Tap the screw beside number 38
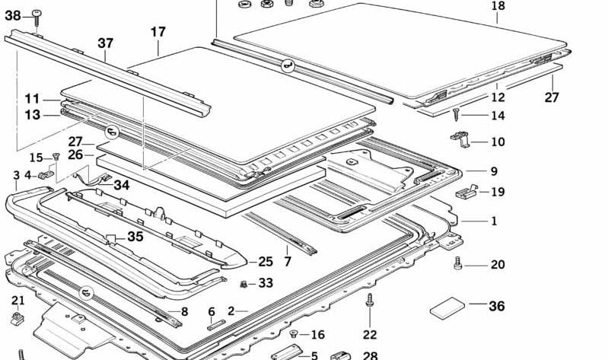(37, 14)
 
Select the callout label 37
(105, 44)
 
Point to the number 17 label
(158, 32)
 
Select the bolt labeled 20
(458, 263)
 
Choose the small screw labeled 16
(294, 333)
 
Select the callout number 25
(265, 261)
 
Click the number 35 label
(135, 237)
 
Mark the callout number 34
(122, 185)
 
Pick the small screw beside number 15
(56, 157)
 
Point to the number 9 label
(493, 171)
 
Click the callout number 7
(287, 261)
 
